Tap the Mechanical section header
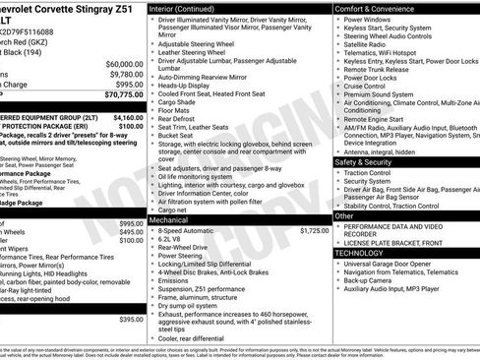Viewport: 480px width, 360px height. (170, 220)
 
